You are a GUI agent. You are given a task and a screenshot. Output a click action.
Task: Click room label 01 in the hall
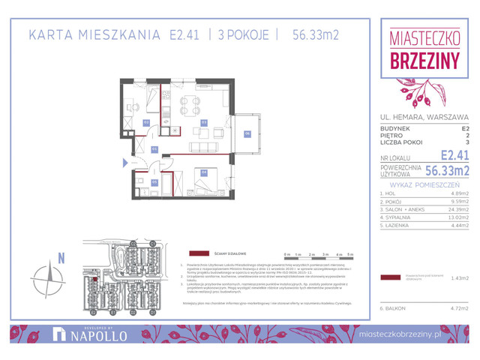[154, 149]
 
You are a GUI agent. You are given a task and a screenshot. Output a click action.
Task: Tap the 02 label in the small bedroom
[147, 121]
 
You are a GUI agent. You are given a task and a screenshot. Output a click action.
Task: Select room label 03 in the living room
[203, 121]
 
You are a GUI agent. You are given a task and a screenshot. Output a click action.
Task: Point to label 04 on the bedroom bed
[203, 172]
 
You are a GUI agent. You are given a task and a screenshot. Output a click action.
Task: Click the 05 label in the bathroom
[154, 181]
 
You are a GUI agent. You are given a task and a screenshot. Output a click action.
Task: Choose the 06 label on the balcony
[247, 134]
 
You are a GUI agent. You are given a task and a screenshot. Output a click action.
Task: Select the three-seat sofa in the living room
[202, 147]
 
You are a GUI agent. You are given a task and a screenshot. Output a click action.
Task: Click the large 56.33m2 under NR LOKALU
[448, 171]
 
